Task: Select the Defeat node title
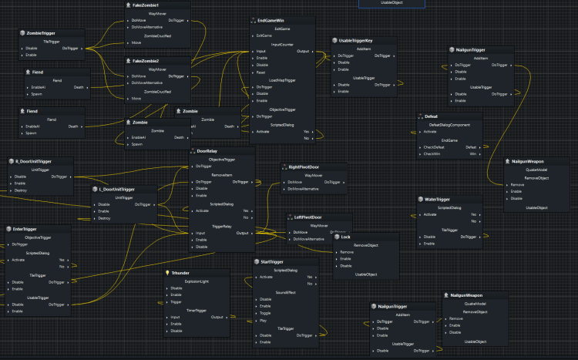[431, 116]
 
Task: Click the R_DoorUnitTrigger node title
[33, 161]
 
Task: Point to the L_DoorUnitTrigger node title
[117, 188]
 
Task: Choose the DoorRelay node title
[207, 151]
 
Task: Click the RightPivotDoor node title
[304, 167]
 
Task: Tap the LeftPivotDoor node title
[307, 217]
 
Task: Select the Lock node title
[345, 237]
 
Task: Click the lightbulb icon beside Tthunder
[166, 273]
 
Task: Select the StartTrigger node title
[274, 262]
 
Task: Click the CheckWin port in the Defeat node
[433, 154]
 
